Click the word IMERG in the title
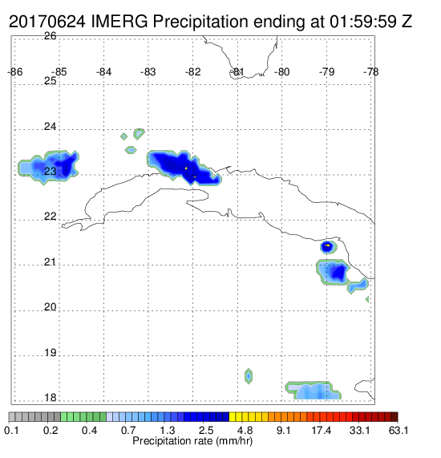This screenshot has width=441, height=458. click(119, 22)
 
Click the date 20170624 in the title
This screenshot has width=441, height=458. click(47, 22)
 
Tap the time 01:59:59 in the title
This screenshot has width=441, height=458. click(363, 22)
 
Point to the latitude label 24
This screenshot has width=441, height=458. click(51, 127)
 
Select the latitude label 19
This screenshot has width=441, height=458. click(51, 353)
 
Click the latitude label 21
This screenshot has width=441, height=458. click(51, 262)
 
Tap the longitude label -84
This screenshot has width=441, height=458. click(104, 72)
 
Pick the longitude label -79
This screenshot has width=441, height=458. click(327, 72)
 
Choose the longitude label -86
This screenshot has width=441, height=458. click(15, 72)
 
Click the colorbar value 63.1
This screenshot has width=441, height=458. click(399, 430)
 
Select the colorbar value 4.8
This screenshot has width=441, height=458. click(245, 430)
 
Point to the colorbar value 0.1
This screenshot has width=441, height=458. click(11, 430)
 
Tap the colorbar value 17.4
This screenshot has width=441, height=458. click(322, 430)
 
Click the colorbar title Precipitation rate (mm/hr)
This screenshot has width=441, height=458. click(192, 441)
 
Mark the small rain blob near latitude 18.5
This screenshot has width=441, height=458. click(249, 376)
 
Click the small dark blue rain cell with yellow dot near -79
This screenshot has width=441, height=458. click(329, 247)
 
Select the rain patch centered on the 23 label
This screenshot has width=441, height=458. click(48, 168)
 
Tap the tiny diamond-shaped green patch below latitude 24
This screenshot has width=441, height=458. click(123, 136)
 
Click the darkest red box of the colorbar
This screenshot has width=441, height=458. click(394, 417)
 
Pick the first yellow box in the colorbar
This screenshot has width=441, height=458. click(233, 417)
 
